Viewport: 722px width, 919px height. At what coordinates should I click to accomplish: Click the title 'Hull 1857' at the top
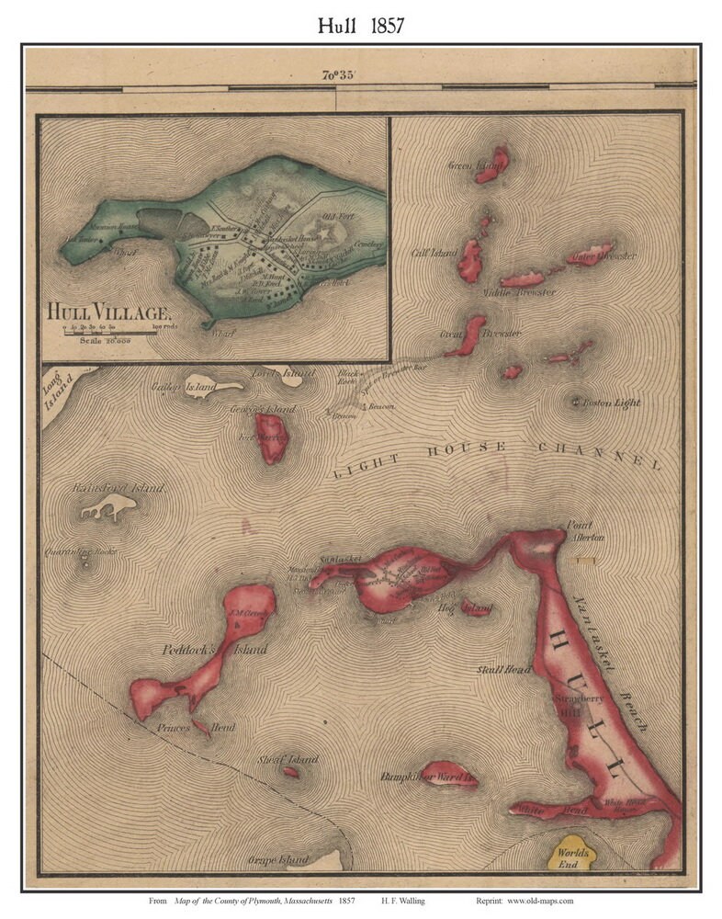click(360, 25)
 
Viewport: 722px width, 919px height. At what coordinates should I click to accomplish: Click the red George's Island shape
click(273, 437)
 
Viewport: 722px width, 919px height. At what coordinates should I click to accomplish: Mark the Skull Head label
click(501, 670)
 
